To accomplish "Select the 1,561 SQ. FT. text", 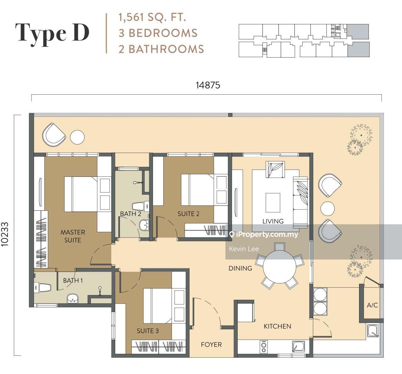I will pos(152,17).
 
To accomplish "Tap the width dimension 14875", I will pos(208,85).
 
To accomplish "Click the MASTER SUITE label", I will pos(73,236).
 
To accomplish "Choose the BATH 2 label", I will pos(130,214).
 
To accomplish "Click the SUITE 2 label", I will pos(188,214).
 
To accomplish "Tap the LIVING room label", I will pos(273,221).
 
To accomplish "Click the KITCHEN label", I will pos(277,326).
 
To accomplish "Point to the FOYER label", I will pos(211,345).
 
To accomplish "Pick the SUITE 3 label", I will pos(148,331).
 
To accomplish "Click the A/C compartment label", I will pos(372,305).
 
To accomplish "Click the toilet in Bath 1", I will pos(43,287).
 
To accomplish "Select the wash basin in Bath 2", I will pos(144,225).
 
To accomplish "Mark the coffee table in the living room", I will pos(273,203).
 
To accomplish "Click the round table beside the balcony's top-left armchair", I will pos(77,137).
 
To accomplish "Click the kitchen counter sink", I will pos(297,347).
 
